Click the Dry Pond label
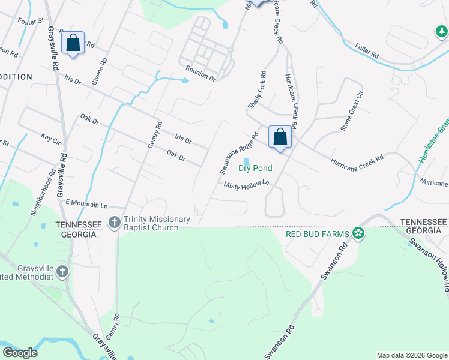point(255,168)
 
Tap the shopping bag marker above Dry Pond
point(280,137)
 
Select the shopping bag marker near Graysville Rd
point(73,43)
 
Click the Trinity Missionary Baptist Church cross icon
point(114,223)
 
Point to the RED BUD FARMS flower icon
point(358,233)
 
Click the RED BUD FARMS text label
point(318,233)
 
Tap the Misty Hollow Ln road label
point(246,186)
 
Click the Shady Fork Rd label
point(256,91)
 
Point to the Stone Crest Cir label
point(352,112)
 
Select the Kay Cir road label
point(51,139)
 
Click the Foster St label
point(32,21)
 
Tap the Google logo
point(20,352)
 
